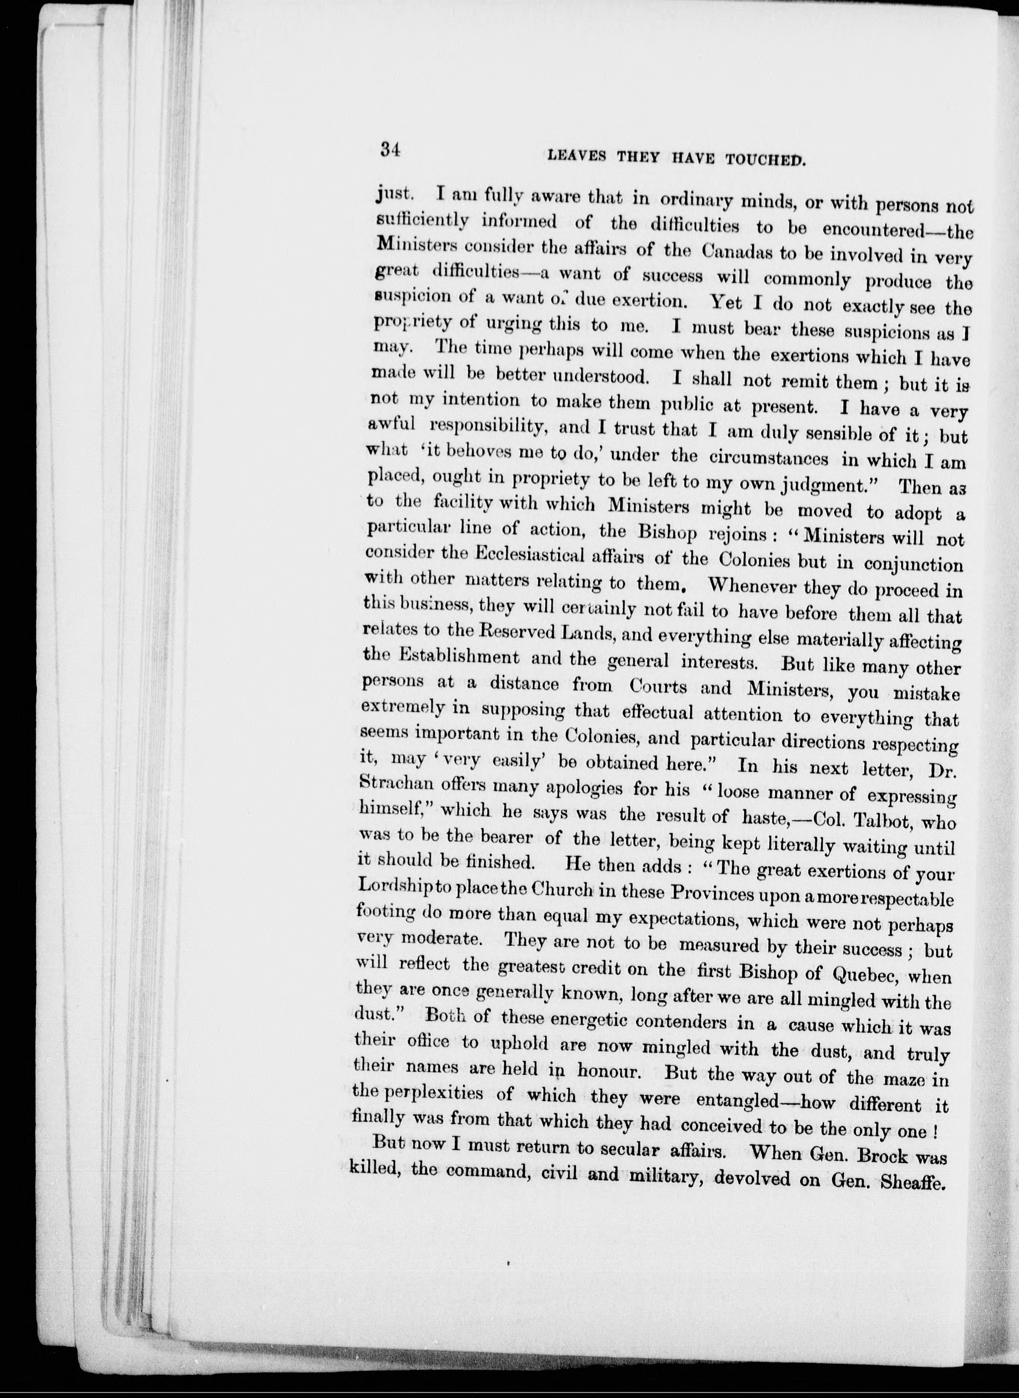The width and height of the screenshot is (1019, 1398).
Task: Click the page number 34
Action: pos(391,150)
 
